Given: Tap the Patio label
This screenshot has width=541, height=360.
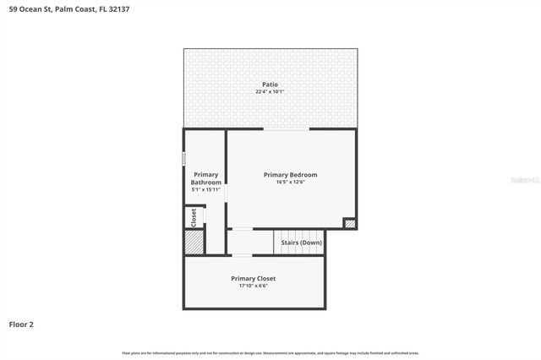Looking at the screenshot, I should (269, 84).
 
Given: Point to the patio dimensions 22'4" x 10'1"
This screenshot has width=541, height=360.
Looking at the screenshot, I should (269, 91).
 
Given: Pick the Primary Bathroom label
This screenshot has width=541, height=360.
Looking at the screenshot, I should (205, 178).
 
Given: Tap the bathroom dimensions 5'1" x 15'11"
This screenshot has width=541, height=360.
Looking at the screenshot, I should (205, 189).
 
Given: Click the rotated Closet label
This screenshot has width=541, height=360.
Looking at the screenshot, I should (194, 216).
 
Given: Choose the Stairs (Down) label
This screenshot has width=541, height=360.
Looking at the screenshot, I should (300, 243).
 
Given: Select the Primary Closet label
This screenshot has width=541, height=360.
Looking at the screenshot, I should (254, 278).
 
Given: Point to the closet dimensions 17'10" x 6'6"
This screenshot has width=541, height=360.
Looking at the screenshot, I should (254, 286).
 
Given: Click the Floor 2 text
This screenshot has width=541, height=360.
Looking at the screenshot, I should (21, 324).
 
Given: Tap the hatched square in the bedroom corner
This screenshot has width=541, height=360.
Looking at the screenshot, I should (349, 223).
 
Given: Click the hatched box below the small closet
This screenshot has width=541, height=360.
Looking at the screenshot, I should (194, 242).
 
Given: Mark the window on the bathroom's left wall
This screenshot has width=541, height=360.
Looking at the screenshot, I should (183, 158).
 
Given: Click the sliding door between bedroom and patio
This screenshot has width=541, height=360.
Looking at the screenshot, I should (287, 129).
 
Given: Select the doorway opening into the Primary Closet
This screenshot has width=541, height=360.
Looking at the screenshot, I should (242, 255).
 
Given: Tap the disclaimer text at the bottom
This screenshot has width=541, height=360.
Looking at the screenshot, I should (270, 352).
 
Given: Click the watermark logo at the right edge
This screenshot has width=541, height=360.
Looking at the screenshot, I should (526, 180).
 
